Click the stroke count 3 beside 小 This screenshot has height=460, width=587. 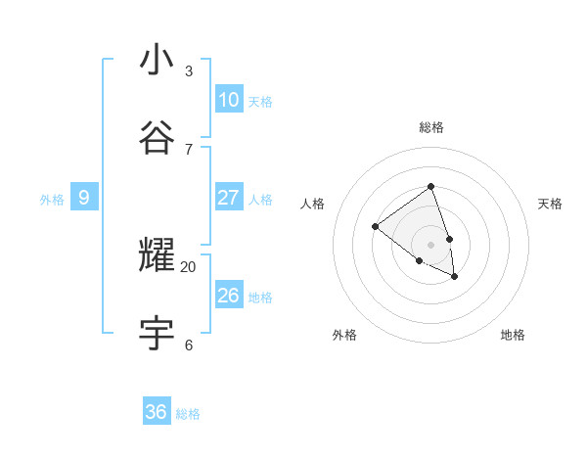(x=189, y=70)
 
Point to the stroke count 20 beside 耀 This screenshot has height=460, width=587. (x=189, y=266)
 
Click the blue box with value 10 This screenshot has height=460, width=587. (x=229, y=100)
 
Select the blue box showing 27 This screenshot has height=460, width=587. (x=229, y=198)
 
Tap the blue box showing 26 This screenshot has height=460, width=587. (x=229, y=296)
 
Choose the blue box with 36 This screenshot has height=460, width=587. (x=157, y=412)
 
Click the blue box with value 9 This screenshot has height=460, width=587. (x=84, y=198)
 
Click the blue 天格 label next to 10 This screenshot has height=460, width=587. (x=260, y=102)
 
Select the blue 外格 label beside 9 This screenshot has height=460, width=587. (x=52, y=200)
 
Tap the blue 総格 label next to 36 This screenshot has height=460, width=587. (x=188, y=414)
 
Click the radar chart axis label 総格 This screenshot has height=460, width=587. (x=430, y=127)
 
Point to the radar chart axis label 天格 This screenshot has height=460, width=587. (x=550, y=204)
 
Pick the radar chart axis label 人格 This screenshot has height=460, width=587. (x=312, y=204)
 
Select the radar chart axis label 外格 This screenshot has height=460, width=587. (x=344, y=335)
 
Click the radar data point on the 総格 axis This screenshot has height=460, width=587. (x=430, y=186)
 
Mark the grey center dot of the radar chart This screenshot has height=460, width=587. (x=430, y=244)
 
